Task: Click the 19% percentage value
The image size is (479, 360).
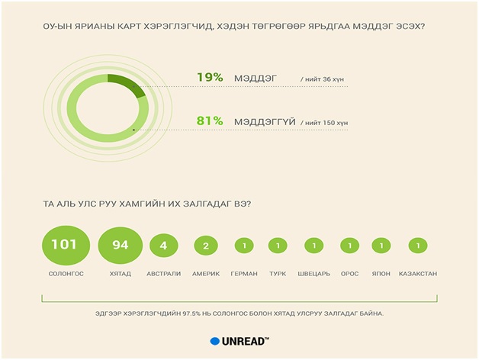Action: pyautogui.click(x=210, y=77)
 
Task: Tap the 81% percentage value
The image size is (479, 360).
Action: pyautogui.click(x=210, y=121)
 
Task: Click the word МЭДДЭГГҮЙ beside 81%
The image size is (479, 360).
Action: pyautogui.click(x=265, y=122)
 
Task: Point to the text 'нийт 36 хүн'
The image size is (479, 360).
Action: pyautogui.click(x=324, y=79)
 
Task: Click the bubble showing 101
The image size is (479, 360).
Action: pyautogui.click(x=66, y=245)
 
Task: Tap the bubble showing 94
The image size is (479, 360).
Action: pyautogui.click(x=120, y=246)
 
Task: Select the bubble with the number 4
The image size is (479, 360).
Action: pyautogui.click(x=164, y=246)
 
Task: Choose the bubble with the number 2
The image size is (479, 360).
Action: pyautogui.click(x=206, y=246)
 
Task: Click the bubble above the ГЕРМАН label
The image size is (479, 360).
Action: pyautogui.click(x=244, y=246)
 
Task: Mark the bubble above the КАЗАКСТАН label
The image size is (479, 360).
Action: pyautogui.click(x=418, y=246)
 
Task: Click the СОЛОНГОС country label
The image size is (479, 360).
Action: pyautogui.click(x=66, y=274)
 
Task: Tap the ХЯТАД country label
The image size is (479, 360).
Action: pyautogui.click(x=121, y=274)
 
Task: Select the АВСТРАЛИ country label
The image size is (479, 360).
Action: pyautogui.click(x=164, y=274)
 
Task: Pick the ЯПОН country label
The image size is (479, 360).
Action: pyautogui.click(x=381, y=274)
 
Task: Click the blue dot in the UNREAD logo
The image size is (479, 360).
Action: pyautogui.click(x=215, y=342)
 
